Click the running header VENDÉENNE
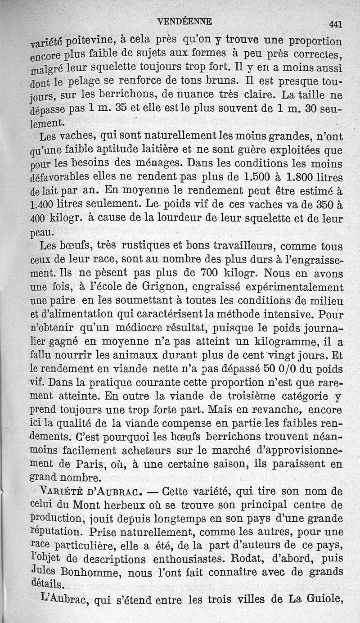(x=186, y=21)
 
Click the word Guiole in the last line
(x=323, y=600)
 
